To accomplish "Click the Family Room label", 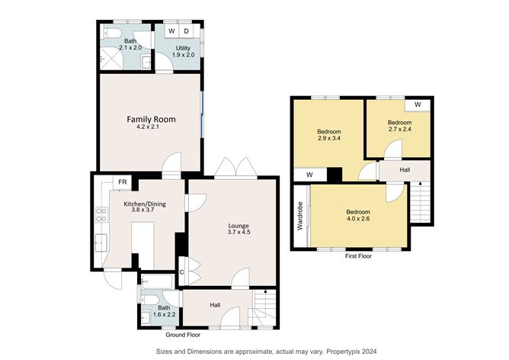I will click(x=151, y=120).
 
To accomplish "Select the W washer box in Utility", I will click(x=171, y=31).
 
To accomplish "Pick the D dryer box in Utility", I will click(x=187, y=31).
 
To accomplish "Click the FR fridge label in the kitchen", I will click(x=122, y=182).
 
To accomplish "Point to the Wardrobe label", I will click(x=300, y=217).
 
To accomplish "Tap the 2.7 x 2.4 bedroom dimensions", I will click(x=399, y=130).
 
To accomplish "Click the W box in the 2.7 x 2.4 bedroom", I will click(x=418, y=104).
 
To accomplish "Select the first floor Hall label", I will click(x=405, y=169).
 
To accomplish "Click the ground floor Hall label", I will click(x=216, y=305).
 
